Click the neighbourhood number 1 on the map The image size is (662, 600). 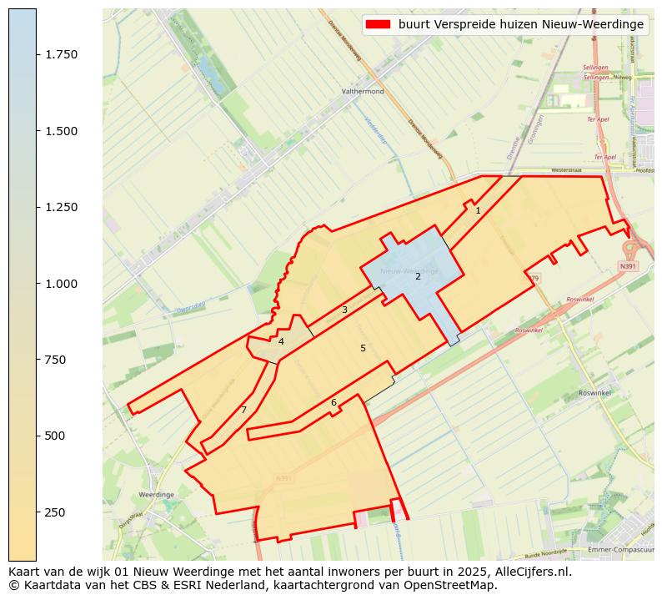coord(478,211)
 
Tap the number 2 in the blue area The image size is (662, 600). coord(418,276)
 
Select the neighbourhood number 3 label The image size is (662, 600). coord(344,310)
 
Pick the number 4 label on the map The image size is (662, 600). coord(281,342)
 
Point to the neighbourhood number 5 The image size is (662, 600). coord(363,348)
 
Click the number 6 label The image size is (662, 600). coord(334,403)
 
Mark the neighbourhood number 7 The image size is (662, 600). coord(243,410)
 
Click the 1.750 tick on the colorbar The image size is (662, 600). coord(61,54)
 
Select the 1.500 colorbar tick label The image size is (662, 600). coord(61,131)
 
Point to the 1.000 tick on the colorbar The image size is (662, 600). coord(61,284)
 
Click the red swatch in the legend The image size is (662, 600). coord(378,25)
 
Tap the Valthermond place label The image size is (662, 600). coord(363,92)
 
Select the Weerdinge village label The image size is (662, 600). coord(156,495)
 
